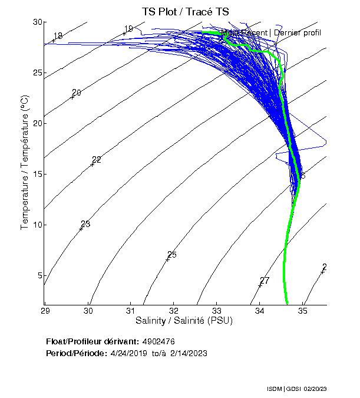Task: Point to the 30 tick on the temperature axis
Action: [x=38, y=22]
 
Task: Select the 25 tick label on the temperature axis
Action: [x=38, y=73]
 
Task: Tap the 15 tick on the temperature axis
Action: [x=38, y=175]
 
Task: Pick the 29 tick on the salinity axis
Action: [x=46, y=310]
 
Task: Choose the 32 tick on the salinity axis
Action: [x=174, y=310]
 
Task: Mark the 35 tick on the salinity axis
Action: [x=303, y=310]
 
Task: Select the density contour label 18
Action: [x=58, y=37]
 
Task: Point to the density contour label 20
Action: [x=77, y=93]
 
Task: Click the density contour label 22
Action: [x=97, y=160]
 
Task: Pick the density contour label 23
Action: [x=85, y=224]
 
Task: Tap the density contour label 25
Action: [x=172, y=255]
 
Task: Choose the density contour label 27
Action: [x=265, y=280]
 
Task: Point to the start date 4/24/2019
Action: [x=128, y=353]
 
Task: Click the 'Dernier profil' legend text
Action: [x=298, y=32]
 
